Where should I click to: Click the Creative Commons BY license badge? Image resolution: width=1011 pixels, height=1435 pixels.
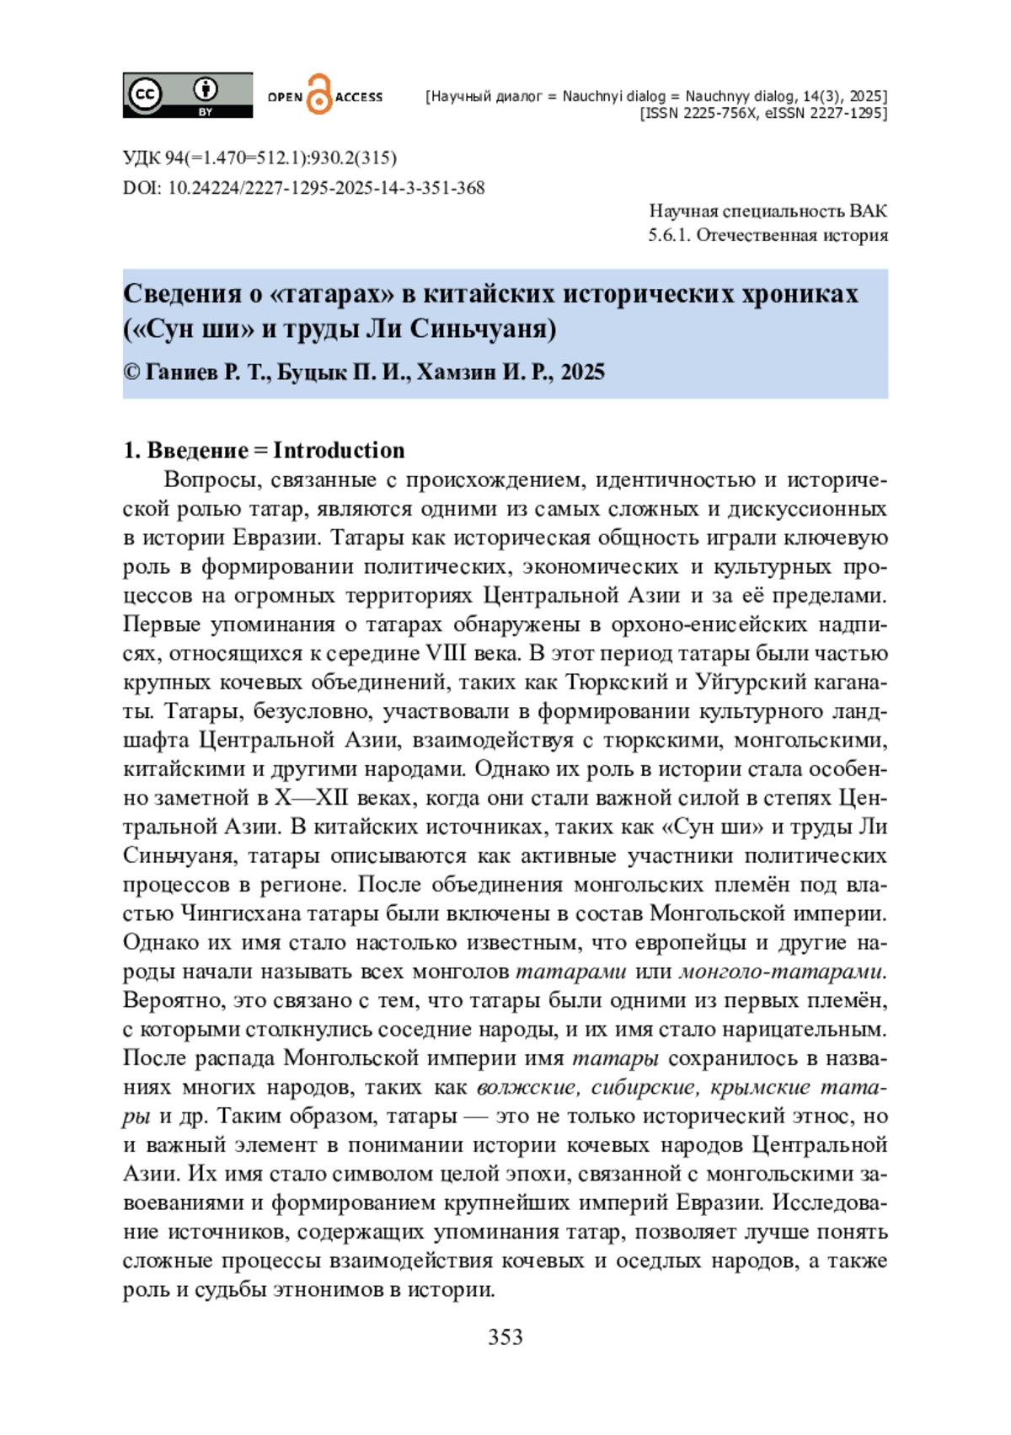tap(187, 94)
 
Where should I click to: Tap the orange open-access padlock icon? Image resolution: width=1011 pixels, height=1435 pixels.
tap(319, 94)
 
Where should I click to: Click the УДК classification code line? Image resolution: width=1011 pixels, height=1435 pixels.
tap(259, 158)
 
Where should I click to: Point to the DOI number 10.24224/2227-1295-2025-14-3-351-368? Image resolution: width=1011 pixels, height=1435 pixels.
tap(326, 187)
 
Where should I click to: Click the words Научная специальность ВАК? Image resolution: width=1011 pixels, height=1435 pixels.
tap(768, 211)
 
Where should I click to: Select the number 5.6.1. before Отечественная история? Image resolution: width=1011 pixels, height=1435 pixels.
tap(669, 235)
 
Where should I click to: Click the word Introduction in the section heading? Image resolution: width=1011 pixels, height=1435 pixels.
tap(339, 450)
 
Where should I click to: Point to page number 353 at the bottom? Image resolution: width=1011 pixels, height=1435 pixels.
tap(505, 1337)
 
